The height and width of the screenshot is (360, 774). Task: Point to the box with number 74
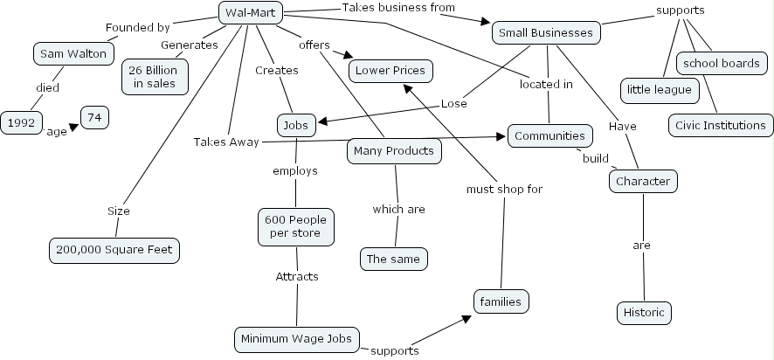[x=94, y=116]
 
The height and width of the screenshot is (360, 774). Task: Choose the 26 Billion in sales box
[x=155, y=76]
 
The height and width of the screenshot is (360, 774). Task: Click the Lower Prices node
[x=390, y=71]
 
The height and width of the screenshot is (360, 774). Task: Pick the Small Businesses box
[x=546, y=33]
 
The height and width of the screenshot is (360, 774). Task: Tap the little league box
[x=658, y=89]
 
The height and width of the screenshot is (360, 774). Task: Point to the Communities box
[x=549, y=135]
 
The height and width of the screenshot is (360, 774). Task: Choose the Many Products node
[x=393, y=150]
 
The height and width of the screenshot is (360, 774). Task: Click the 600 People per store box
[x=296, y=226]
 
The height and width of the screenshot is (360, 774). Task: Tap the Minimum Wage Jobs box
[x=296, y=338]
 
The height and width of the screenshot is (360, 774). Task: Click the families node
[x=501, y=301]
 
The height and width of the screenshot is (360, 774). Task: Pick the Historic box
[x=644, y=312]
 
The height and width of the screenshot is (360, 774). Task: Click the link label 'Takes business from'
[x=398, y=8]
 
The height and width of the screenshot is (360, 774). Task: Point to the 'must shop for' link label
[x=504, y=189]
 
